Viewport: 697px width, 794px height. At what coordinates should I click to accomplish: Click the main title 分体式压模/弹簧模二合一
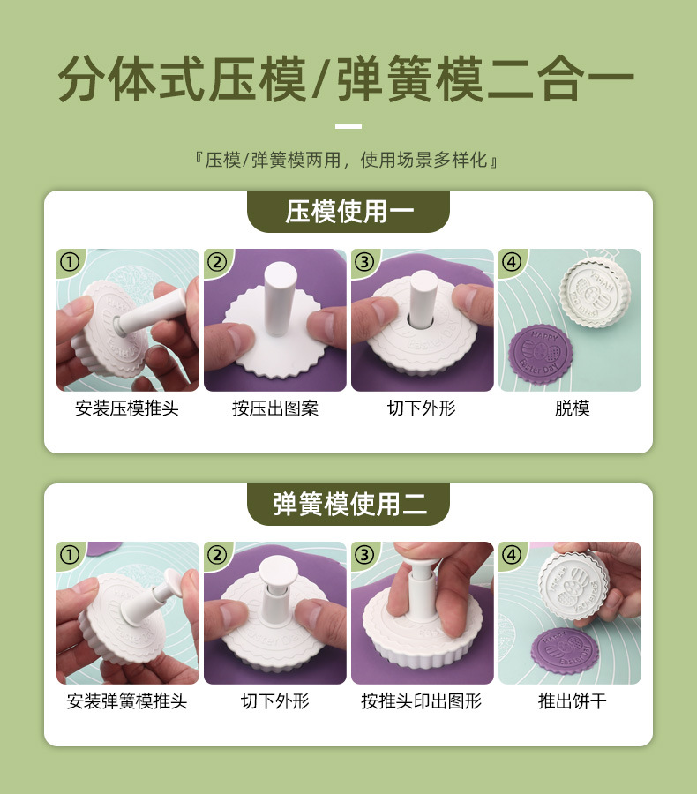[347, 79]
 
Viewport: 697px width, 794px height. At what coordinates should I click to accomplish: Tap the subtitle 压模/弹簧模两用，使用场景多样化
[348, 161]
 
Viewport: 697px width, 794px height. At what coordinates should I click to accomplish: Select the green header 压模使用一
[348, 212]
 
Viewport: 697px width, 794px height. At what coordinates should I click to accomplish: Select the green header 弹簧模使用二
[348, 505]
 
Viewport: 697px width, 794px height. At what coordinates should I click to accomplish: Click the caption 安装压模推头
[127, 409]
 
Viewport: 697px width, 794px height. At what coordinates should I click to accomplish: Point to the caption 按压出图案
[274, 409]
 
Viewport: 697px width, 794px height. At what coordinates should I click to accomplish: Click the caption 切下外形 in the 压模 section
[422, 409]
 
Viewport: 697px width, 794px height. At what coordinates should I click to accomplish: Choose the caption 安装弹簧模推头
[127, 702]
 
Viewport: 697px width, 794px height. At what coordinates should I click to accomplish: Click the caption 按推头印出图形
[422, 702]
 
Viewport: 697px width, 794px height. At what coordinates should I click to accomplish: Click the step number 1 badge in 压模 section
[70, 262]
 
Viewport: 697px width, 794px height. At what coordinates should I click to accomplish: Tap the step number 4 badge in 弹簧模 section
[512, 555]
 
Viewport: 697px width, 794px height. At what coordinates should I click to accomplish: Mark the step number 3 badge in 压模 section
[364, 262]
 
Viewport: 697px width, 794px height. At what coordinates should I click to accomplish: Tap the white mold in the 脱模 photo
[598, 291]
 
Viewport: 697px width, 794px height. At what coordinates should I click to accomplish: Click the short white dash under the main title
[348, 127]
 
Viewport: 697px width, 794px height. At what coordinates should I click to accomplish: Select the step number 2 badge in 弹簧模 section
[217, 555]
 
